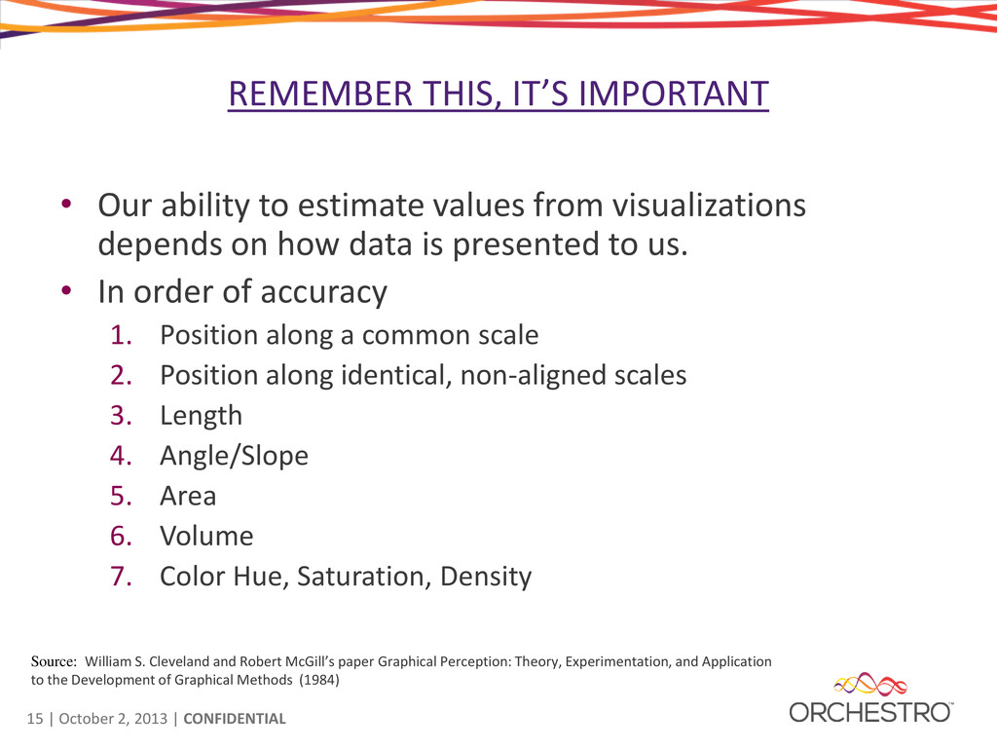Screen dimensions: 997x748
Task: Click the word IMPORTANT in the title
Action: click(x=674, y=93)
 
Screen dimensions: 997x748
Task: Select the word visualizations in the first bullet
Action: click(x=709, y=206)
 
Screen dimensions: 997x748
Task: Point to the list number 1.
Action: click(x=121, y=335)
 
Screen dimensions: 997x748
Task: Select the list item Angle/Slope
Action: click(x=234, y=457)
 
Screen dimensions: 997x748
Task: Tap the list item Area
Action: click(x=188, y=496)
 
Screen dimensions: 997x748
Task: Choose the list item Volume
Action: click(x=206, y=537)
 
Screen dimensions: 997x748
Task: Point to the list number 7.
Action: click(x=121, y=577)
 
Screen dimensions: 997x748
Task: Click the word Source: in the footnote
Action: click(x=55, y=661)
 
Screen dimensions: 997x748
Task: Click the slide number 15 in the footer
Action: click(x=35, y=719)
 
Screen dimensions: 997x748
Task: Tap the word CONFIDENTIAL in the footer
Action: click(x=235, y=719)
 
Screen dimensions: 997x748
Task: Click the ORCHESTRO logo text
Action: click(x=870, y=712)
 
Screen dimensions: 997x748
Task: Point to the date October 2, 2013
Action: click(x=113, y=719)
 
